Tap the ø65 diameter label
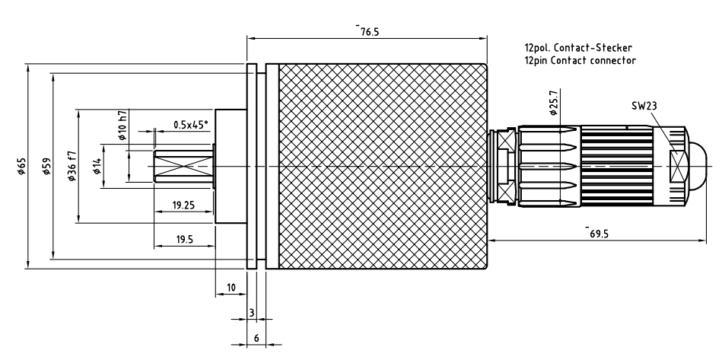pyautogui.click(x=22, y=167)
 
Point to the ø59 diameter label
pyautogui.click(x=47, y=167)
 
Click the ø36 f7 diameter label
pyautogui.click(x=72, y=167)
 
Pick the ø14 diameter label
pyautogui.click(x=97, y=167)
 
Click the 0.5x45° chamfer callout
pyautogui.click(x=190, y=124)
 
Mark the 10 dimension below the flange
pyautogui.click(x=231, y=288)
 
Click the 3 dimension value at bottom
pyautogui.click(x=251, y=313)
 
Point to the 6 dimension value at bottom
pyautogui.click(x=256, y=338)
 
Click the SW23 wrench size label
pyautogui.click(x=644, y=106)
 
